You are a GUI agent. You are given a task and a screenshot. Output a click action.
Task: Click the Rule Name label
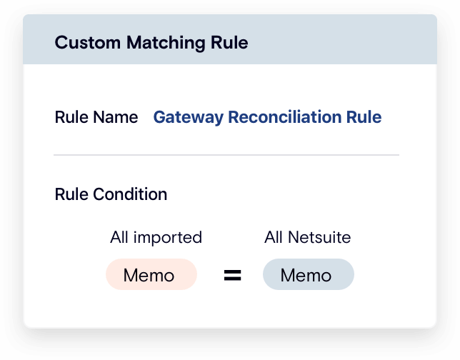[x=96, y=117]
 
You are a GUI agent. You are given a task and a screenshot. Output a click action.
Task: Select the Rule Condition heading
[x=111, y=194]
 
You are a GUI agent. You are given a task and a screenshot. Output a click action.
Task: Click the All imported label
[x=156, y=237]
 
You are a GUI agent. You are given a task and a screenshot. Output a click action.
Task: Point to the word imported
[x=169, y=237]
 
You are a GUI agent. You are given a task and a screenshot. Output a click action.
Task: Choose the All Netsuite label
[x=307, y=237]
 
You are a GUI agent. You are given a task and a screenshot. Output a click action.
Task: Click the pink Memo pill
[x=151, y=275]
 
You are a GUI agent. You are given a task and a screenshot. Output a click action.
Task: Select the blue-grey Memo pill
[x=308, y=275]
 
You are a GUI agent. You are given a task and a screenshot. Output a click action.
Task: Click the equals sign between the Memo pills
[x=232, y=276]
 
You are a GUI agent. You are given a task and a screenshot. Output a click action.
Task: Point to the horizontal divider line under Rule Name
[x=226, y=154]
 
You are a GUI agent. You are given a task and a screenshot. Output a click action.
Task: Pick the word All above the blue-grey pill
[x=274, y=237]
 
